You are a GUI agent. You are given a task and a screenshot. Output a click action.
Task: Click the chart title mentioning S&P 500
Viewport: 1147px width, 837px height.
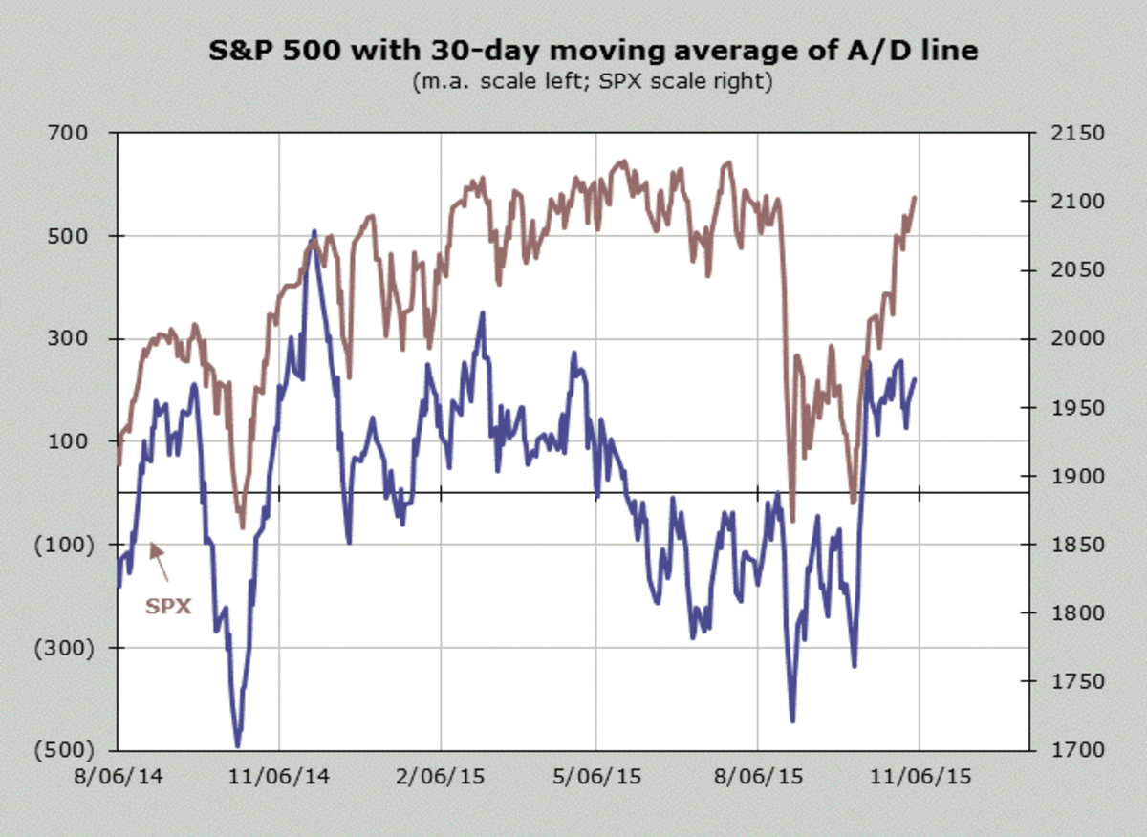point(593,51)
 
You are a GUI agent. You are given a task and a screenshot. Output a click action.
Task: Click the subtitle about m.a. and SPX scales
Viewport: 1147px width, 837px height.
point(593,81)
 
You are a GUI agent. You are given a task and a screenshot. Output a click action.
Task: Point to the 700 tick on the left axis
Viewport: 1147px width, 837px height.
point(70,133)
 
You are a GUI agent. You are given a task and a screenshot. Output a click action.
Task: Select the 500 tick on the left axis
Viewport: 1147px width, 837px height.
point(70,236)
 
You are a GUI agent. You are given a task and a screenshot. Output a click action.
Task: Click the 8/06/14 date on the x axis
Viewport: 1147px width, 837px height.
point(118,777)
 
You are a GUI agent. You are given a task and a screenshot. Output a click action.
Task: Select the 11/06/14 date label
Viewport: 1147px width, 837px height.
point(279,777)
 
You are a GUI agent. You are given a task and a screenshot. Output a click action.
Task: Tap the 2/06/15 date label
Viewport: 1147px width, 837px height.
point(441,777)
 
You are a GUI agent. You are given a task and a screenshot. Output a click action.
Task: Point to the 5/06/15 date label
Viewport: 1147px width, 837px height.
point(596,777)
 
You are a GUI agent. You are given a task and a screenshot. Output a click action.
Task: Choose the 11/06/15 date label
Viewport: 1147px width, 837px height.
point(919,777)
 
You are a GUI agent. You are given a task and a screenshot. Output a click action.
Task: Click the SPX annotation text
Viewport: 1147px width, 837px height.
point(168,605)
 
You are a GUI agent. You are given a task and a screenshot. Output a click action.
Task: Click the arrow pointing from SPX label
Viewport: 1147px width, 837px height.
point(160,562)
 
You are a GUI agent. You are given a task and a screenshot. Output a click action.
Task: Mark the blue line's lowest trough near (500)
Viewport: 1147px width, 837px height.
point(238,745)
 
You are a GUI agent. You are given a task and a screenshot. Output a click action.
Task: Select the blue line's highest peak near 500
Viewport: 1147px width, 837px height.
point(314,232)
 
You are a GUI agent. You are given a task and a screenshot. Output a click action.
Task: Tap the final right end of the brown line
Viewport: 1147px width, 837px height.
point(915,198)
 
